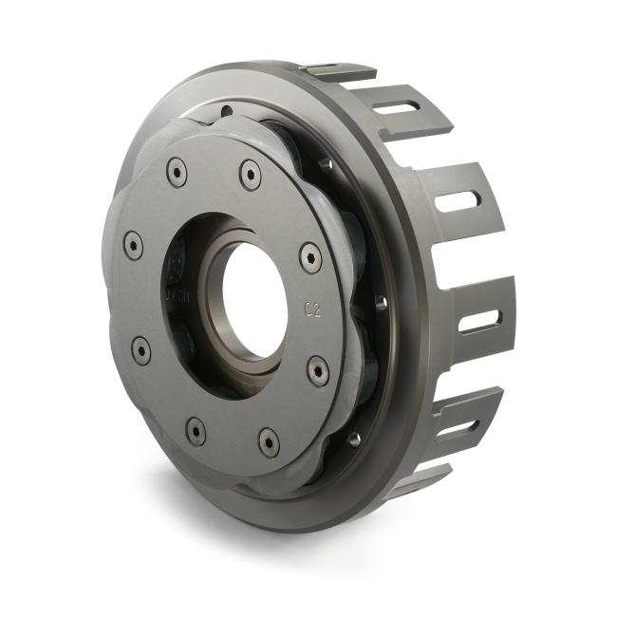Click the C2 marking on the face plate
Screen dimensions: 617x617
tap(311, 308)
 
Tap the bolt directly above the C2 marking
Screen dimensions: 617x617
tap(310, 257)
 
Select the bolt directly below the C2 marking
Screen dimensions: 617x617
tap(319, 369)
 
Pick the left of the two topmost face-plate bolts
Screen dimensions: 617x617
tap(177, 172)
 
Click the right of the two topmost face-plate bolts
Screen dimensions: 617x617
tap(250, 174)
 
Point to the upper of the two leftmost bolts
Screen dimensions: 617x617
tap(134, 246)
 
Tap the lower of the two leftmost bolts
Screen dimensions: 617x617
tap(141, 350)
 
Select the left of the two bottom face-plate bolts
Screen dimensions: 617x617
tap(196, 431)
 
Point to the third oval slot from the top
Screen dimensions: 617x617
tap(480, 320)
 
